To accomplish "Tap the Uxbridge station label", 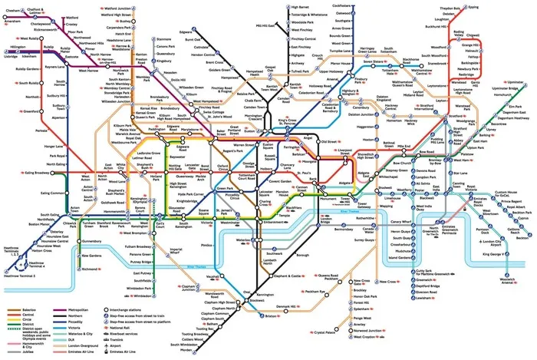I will click(10, 56).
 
